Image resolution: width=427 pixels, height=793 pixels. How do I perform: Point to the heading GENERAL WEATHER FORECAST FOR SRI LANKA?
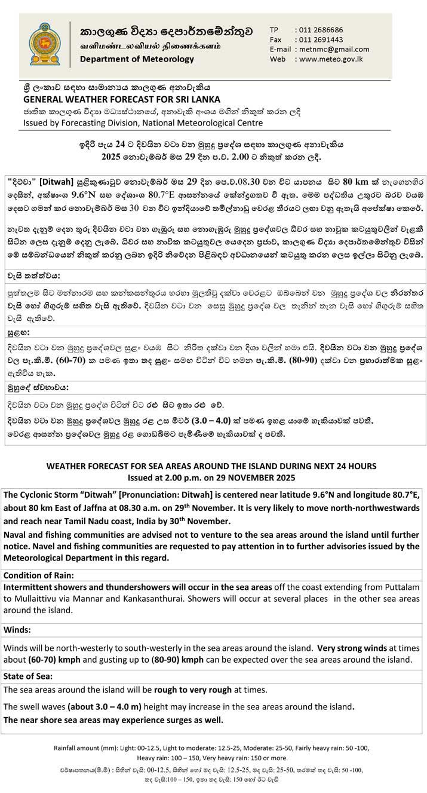(121, 99)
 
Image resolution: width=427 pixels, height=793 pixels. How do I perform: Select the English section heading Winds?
(18, 630)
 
